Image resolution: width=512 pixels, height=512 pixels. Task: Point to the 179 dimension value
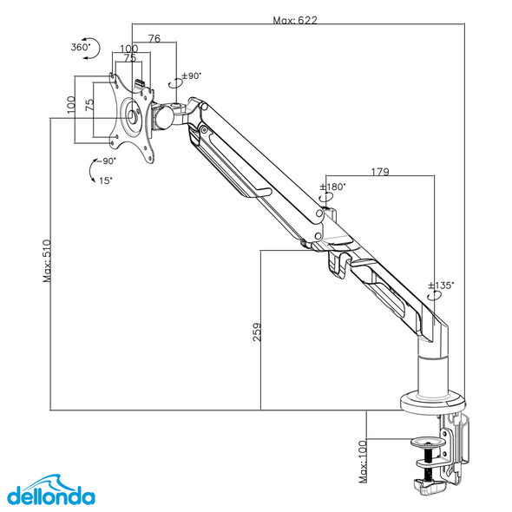coord(378,172)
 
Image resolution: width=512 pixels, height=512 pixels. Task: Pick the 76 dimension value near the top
coord(154,38)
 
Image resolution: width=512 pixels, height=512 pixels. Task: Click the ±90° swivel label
coord(189,75)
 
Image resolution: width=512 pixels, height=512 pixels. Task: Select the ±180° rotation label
coord(332,187)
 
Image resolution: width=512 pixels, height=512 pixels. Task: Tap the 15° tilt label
coord(105,180)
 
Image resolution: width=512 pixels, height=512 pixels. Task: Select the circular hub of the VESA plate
coord(132,115)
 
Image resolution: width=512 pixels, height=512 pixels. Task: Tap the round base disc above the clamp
coord(432,402)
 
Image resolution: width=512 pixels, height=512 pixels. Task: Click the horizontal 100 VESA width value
coord(128,49)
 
